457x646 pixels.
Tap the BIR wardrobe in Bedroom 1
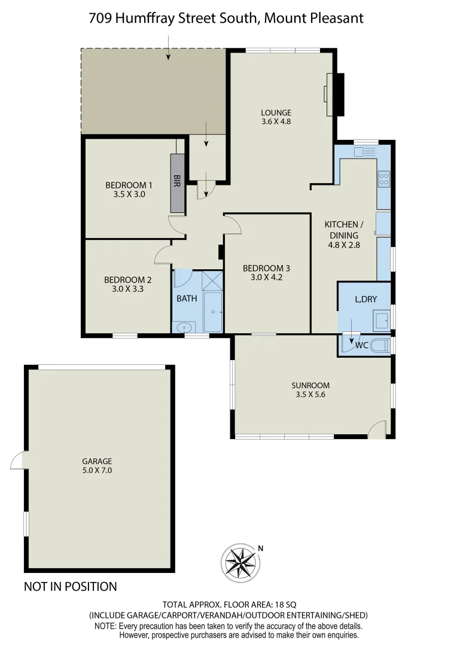177,183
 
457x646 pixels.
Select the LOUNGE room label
276,112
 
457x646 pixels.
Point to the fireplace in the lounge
334,94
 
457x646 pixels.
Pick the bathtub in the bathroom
213,312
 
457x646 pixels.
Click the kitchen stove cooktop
383,178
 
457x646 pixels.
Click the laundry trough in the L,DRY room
382,320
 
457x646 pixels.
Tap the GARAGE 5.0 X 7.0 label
97,466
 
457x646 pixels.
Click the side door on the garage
19,461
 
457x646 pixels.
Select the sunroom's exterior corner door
377,429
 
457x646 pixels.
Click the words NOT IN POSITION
70,587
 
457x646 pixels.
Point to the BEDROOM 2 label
127,279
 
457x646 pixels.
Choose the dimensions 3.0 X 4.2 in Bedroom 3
266,277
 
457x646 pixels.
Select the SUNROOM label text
310,385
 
